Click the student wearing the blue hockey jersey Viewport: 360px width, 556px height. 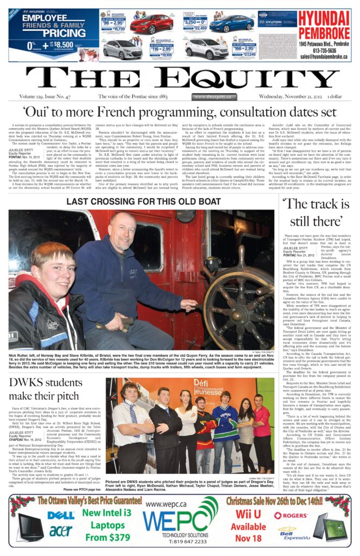tap(225, 424)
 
